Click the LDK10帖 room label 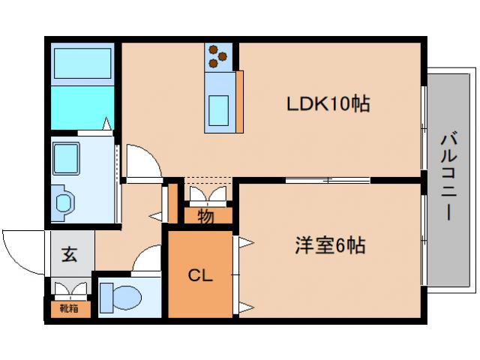[x=328, y=105]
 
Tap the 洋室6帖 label [x=329, y=245]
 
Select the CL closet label [x=199, y=275]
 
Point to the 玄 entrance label [x=69, y=253]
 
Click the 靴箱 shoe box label [x=70, y=307]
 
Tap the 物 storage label [x=205, y=217]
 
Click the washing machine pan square [x=69, y=158]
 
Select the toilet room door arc [x=147, y=259]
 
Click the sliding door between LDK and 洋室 [x=328, y=180]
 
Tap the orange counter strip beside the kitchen [x=240, y=101]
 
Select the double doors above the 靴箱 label [x=70, y=289]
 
